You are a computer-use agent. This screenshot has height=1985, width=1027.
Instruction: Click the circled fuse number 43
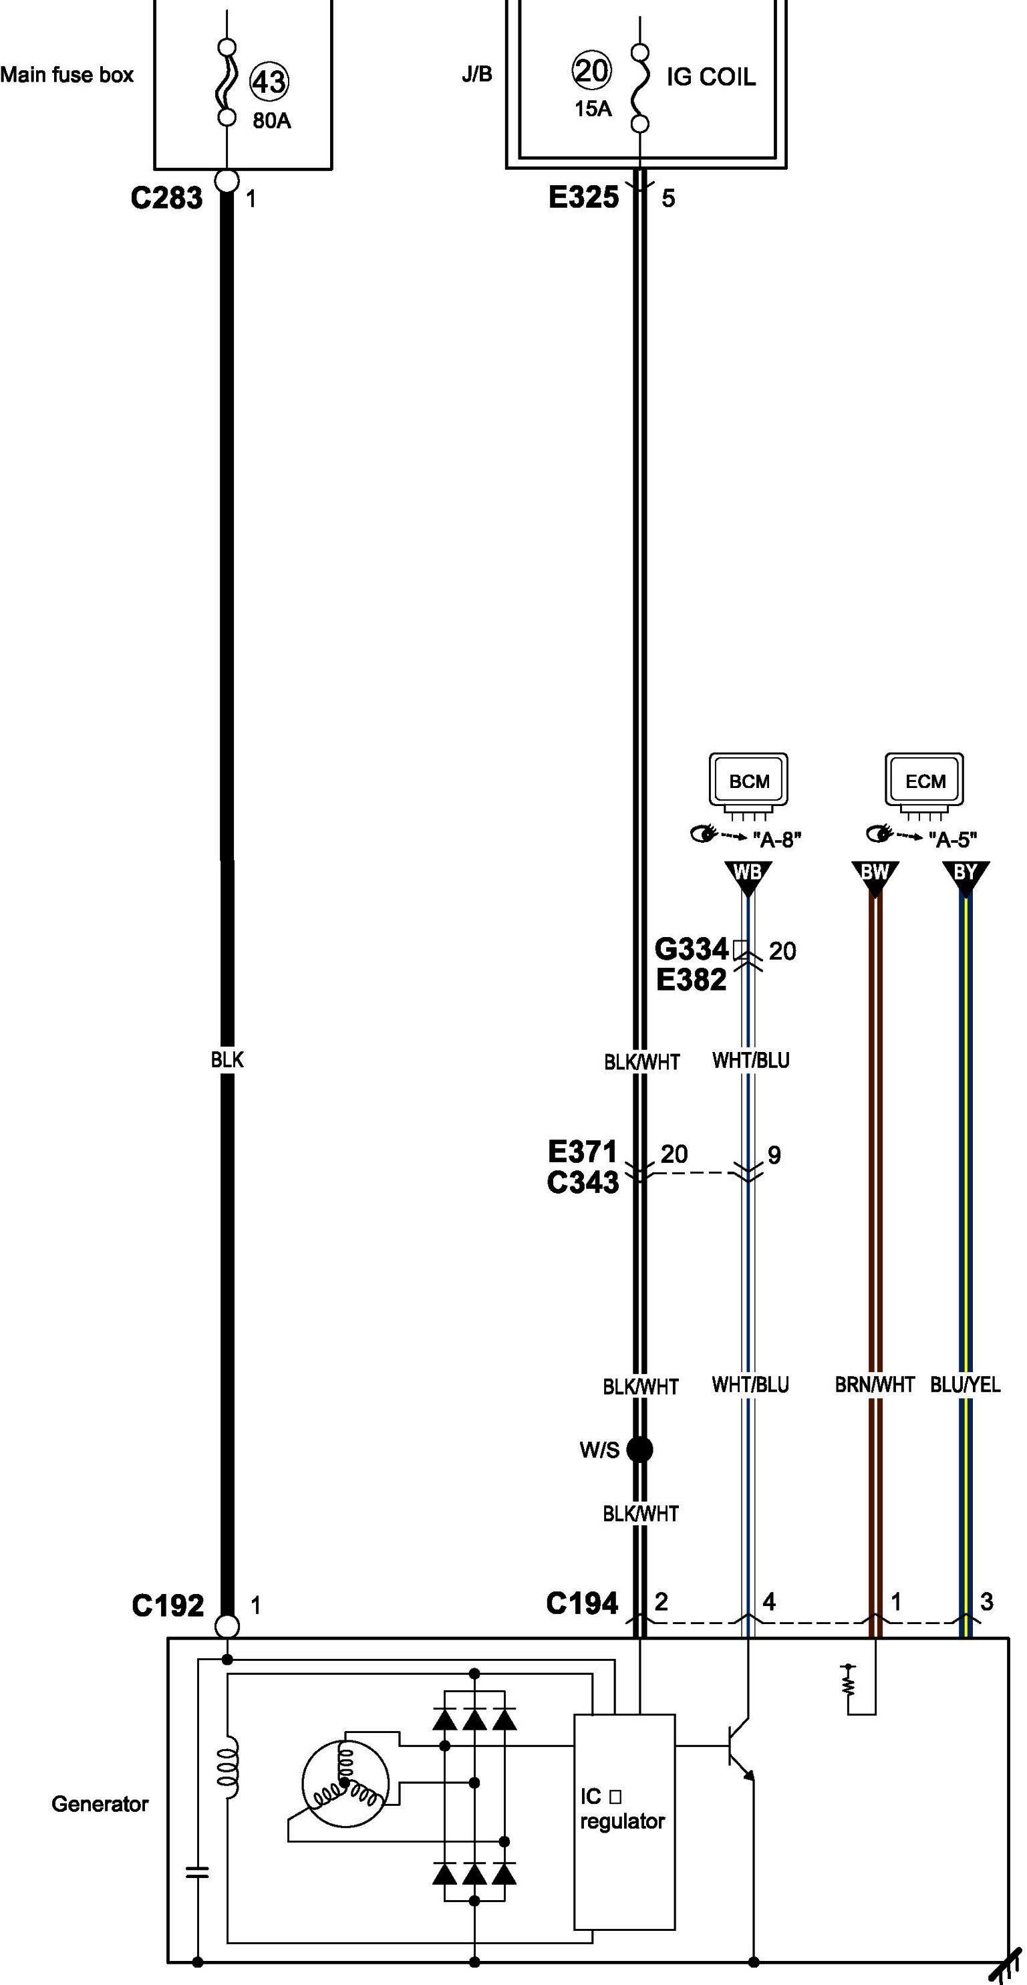tap(269, 82)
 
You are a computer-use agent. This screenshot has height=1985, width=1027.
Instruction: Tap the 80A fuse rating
tap(272, 121)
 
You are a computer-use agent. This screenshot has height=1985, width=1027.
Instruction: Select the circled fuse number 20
tap(591, 71)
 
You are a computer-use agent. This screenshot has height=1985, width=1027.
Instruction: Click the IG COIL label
tap(710, 77)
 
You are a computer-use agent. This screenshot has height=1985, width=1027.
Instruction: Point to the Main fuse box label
tap(67, 75)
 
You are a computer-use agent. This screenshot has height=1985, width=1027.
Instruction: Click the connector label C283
tap(166, 198)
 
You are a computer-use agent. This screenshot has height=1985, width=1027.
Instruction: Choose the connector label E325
tap(583, 198)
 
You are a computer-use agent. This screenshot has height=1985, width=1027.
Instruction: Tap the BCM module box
tap(749, 781)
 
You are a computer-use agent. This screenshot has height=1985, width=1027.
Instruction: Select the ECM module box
tap(925, 781)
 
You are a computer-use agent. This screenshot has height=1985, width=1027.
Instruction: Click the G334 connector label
tap(691, 948)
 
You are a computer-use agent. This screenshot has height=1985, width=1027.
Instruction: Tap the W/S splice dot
tap(639, 1450)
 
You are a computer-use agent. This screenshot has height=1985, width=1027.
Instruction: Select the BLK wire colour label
tap(227, 1059)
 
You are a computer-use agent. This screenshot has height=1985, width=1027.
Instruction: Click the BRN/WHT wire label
tap(875, 1385)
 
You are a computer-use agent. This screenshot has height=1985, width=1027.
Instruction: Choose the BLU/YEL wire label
tap(966, 1385)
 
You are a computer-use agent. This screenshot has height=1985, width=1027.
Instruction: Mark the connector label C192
tap(167, 1606)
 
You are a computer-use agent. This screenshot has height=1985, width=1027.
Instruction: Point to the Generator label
tap(100, 1804)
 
